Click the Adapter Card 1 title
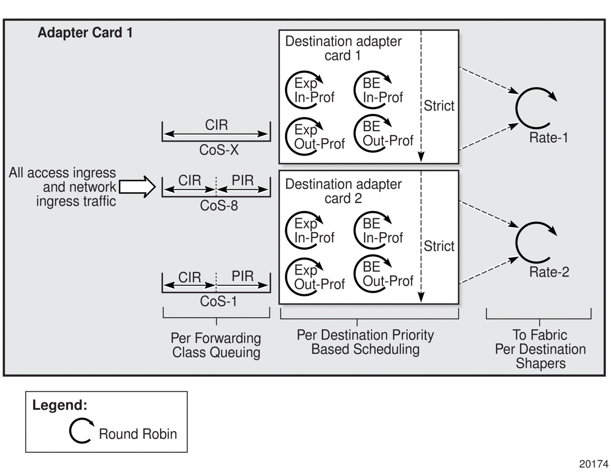pos(85,33)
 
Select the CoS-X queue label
pos(219,150)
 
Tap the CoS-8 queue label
pos(219,206)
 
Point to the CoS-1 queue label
pos(218,302)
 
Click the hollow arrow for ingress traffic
pos(137,187)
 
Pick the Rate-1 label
pos(548,138)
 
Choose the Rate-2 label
pos(549,272)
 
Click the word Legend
pos(60,405)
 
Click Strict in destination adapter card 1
pos(439,106)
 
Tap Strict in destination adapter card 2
pos(439,246)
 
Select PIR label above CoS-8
pos(243,180)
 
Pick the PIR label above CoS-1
pos(243,276)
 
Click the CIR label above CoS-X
pos(216,125)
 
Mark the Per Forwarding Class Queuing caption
pos(216,345)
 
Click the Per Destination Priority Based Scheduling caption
pos(365,342)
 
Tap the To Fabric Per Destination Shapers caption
pos(540,349)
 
